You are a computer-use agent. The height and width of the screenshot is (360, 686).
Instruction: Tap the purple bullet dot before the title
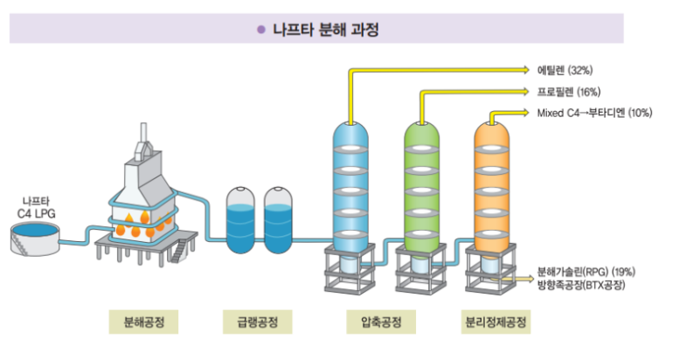(260, 30)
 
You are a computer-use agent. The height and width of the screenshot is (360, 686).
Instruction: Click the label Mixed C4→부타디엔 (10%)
(594, 113)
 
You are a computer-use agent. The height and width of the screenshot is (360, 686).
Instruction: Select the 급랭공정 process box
(251, 322)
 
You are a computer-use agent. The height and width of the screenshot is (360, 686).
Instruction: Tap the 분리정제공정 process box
(495, 322)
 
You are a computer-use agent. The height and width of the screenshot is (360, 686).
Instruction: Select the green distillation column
(421, 183)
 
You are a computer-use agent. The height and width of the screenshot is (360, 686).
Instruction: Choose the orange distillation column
(491, 183)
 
